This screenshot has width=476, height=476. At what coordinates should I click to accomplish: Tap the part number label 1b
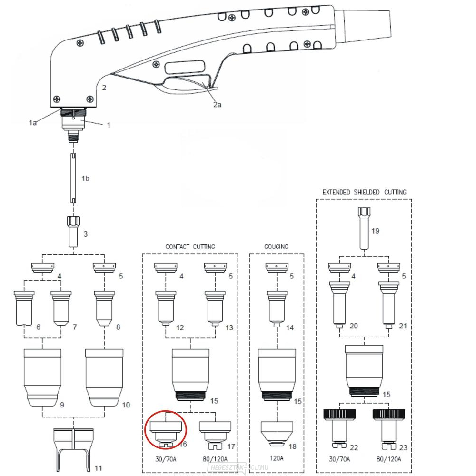86,178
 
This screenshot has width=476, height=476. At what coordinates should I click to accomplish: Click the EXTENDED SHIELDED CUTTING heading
364,192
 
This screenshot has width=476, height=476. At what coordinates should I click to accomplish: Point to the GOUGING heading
277,247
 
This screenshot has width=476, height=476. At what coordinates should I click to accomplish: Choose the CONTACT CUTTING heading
190,247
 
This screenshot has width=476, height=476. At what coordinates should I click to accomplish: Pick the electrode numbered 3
73,230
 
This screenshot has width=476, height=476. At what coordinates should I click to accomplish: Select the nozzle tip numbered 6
24,307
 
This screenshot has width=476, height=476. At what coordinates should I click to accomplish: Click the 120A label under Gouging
277,458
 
